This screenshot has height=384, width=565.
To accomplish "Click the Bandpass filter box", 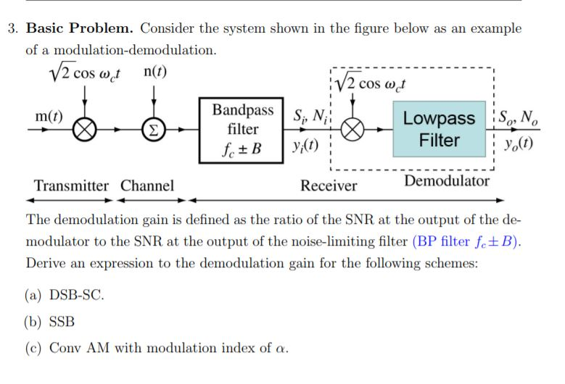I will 243,130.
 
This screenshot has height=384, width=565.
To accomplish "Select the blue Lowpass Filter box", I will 439,129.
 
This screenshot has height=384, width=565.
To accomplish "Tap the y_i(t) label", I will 305,145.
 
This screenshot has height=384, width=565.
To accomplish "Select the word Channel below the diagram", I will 147,185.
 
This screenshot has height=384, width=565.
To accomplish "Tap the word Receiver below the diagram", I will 329,186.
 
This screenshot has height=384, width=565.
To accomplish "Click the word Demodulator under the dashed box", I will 447,181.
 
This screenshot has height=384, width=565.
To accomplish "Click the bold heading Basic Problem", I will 80,29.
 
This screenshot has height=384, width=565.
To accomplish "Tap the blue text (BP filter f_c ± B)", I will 467,241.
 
